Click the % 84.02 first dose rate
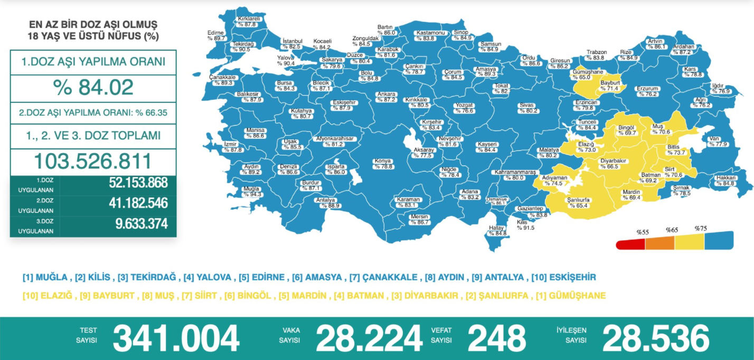pos(93,88)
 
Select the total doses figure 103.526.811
pos(93,162)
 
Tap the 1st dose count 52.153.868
pos(138,183)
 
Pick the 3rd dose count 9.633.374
pos(142,224)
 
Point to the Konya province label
pos(383,164)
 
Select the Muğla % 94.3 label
pos(251,192)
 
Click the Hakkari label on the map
pos(725,181)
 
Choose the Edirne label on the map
pos(216,35)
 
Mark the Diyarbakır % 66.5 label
pos(612,163)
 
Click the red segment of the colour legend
pos(630,243)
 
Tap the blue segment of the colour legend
pos(719,240)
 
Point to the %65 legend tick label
pos(672,230)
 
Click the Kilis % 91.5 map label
pos(525,225)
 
